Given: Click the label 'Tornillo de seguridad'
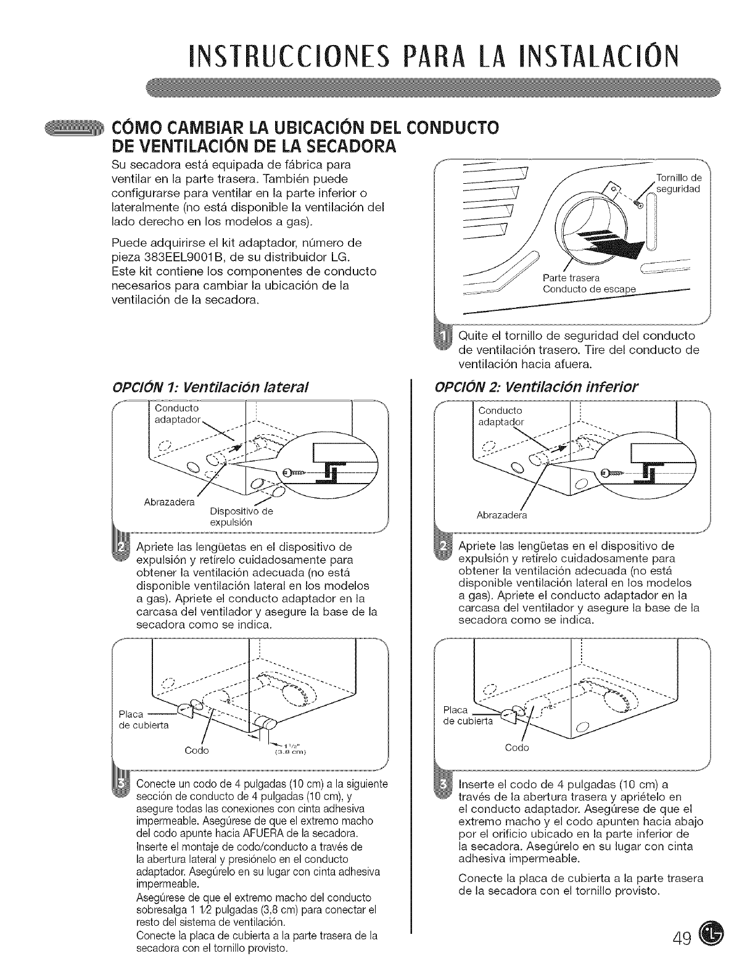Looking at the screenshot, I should (677, 184).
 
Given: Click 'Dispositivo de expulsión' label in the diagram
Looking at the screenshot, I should (241, 516).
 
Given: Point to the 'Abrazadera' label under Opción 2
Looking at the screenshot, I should (501, 516).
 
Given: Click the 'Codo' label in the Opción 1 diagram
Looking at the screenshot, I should (197, 751).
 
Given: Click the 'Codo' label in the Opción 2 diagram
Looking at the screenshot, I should (517, 748).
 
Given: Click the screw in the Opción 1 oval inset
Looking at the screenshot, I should (294, 472).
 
